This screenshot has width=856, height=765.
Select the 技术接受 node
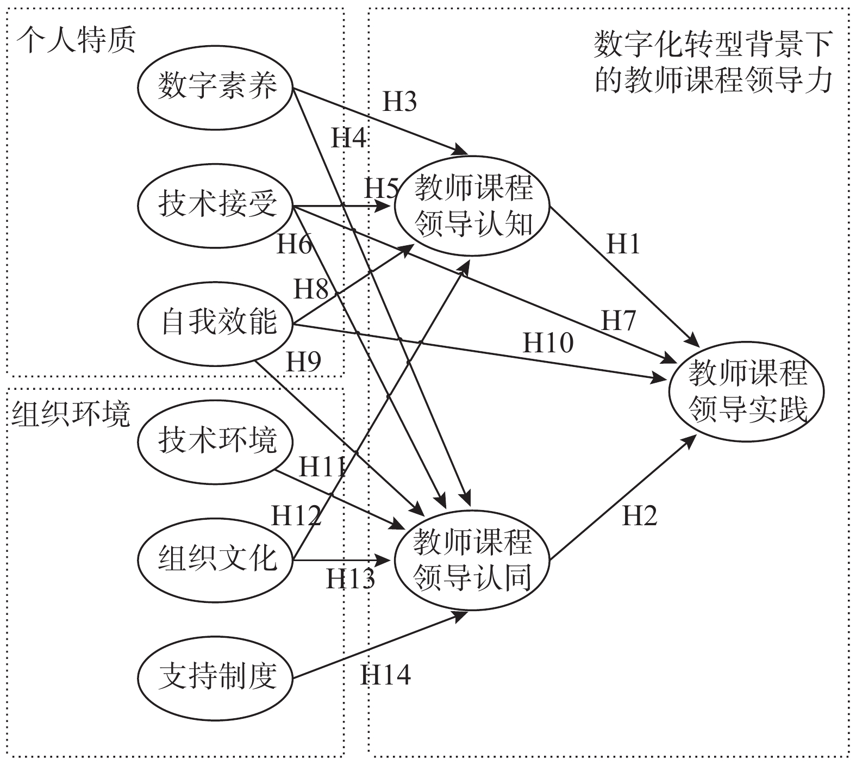(x=215, y=206)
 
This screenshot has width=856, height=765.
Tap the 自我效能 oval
(x=215, y=323)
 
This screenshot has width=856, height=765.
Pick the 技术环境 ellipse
(x=215, y=440)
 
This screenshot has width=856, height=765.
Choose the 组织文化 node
(x=215, y=559)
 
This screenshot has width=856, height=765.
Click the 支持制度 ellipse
(x=215, y=677)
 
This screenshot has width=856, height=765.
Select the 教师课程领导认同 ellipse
(x=473, y=560)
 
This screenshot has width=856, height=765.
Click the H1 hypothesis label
(x=623, y=245)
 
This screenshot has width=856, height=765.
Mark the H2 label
(x=639, y=515)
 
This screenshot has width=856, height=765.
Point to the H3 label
(x=399, y=102)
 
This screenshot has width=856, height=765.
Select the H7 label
(x=618, y=321)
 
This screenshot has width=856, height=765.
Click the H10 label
(x=548, y=343)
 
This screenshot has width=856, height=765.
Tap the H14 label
(x=385, y=675)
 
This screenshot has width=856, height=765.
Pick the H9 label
(x=303, y=362)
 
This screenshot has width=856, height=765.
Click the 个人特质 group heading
(x=74, y=41)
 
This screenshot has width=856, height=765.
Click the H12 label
(x=296, y=515)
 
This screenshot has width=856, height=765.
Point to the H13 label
(x=350, y=579)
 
